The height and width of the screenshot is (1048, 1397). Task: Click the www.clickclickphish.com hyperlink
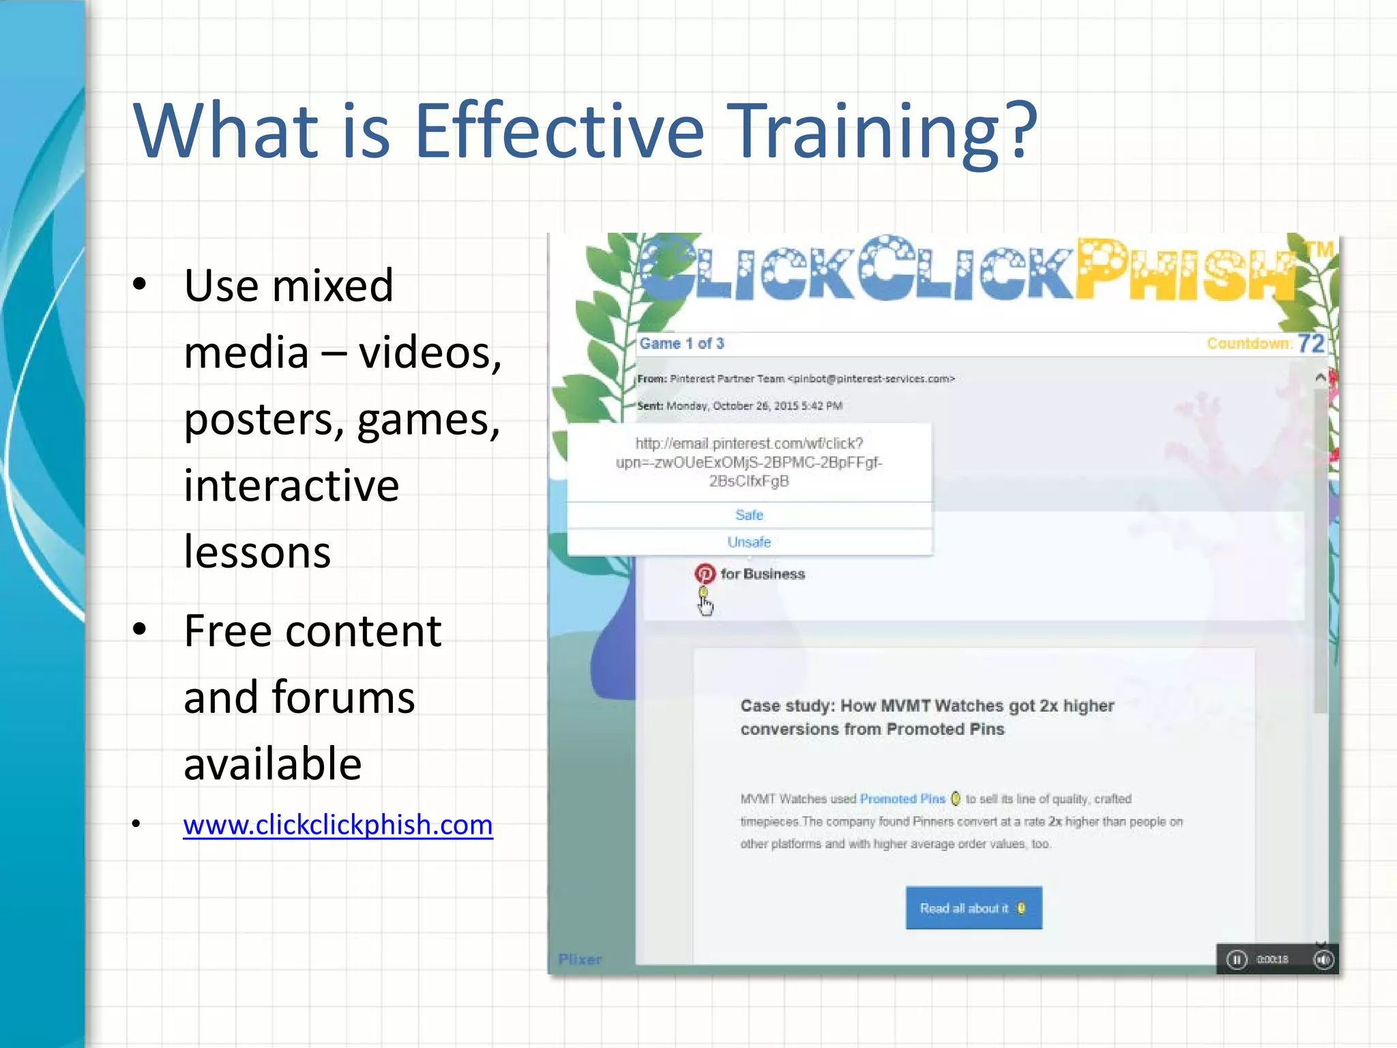(x=338, y=826)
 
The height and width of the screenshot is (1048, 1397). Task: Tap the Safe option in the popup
(x=749, y=515)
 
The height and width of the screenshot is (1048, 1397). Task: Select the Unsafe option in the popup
(x=749, y=542)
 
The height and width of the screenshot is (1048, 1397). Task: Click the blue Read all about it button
(x=973, y=908)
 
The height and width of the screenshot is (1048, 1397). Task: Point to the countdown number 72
(x=1310, y=343)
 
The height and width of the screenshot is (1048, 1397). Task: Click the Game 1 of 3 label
(x=681, y=343)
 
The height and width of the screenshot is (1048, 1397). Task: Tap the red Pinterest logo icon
(x=705, y=574)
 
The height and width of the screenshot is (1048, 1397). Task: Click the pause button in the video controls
(x=1236, y=960)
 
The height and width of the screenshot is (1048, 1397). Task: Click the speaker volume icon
(x=1323, y=960)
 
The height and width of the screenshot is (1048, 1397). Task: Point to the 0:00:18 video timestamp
(x=1273, y=960)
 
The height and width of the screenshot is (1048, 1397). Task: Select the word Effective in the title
(x=559, y=131)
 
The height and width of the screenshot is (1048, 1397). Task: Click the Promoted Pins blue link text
(x=902, y=799)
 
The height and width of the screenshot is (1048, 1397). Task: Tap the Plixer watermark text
(x=580, y=959)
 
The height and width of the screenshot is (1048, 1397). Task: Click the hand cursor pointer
(x=705, y=604)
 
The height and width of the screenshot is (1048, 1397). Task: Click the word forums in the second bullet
(x=343, y=697)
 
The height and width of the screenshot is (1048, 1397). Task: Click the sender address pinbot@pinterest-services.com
(x=871, y=379)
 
